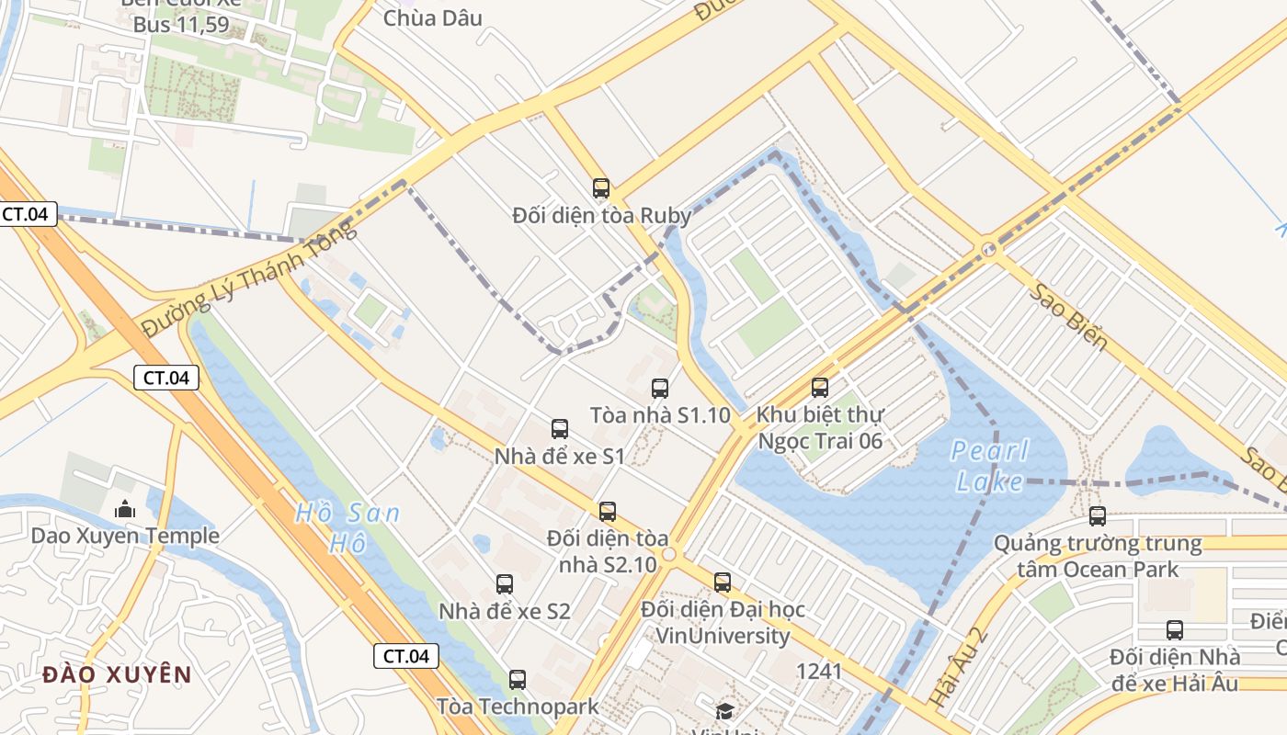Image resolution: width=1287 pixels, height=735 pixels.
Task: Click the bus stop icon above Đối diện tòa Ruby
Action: coord(601,188)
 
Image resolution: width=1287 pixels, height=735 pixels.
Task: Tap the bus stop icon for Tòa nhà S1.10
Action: coord(660,389)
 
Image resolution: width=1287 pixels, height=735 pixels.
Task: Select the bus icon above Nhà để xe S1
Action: coord(560,429)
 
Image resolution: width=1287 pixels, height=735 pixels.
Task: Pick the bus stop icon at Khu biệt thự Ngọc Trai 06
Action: coord(820,388)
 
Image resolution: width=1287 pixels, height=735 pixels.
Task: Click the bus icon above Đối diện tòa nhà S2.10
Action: coord(608,512)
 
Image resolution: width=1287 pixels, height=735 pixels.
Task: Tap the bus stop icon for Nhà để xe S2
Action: coord(505,584)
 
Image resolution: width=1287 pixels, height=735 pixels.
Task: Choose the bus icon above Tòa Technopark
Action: coord(518,680)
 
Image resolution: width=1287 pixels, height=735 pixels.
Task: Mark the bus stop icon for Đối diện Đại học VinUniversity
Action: coord(723,582)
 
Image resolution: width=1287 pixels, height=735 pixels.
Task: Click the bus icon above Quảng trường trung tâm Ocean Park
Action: coord(1098,516)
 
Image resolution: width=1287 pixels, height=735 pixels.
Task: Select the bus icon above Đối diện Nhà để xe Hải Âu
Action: coord(1175,630)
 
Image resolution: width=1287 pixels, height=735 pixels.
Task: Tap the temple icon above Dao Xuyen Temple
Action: coord(124,508)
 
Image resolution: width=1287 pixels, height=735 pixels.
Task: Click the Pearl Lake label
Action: coord(989,466)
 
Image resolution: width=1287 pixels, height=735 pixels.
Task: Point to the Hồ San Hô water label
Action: coord(347,527)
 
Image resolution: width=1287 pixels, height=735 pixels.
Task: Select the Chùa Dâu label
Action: coord(432,17)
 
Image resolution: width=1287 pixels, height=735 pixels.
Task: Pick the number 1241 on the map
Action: coord(819,672)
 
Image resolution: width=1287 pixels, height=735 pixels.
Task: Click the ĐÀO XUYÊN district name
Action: coord(118,675)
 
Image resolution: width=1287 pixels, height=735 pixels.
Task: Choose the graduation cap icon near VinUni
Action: coord(725,711)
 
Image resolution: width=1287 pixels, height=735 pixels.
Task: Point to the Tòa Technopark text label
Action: coord(518,707)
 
